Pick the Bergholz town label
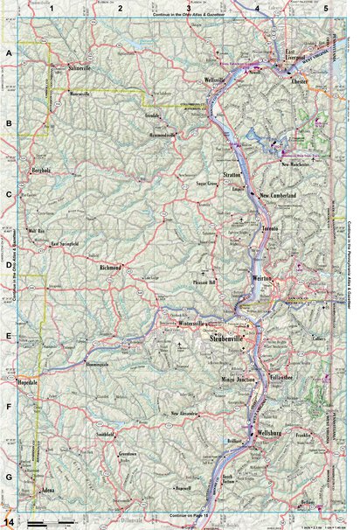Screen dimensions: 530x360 point(43,169)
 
